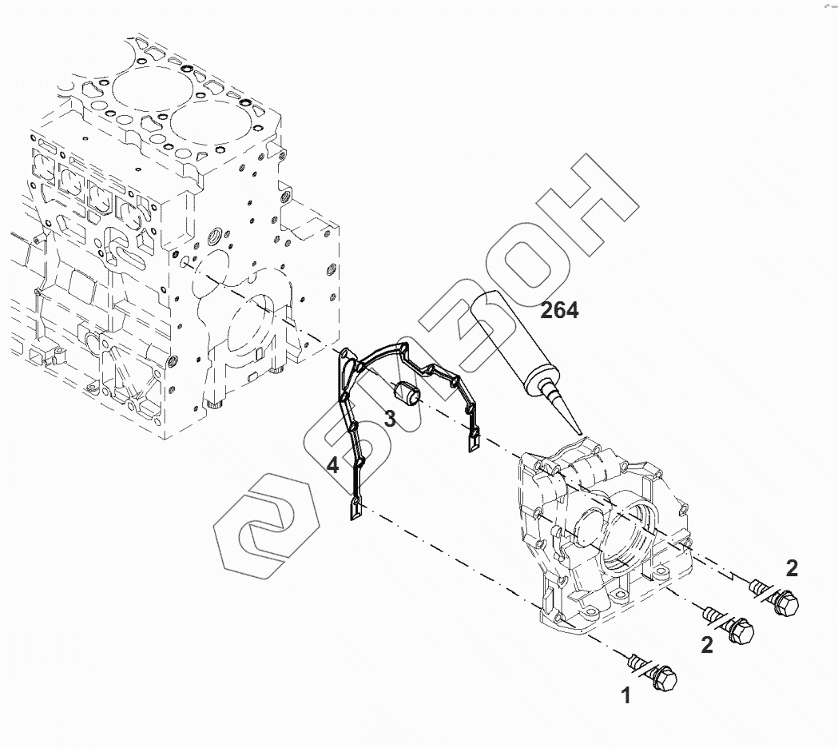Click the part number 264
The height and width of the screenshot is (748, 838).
click(x=559, y=310)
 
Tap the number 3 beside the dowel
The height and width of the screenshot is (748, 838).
click(x=389, y=417)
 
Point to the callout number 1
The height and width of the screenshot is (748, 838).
click(x=626, y=696)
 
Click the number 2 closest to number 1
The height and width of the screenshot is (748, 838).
click(x=707, y=645)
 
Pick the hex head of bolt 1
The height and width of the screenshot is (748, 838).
click(x=662, y=678)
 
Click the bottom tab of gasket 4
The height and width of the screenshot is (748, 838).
click(x=356, y=510)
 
